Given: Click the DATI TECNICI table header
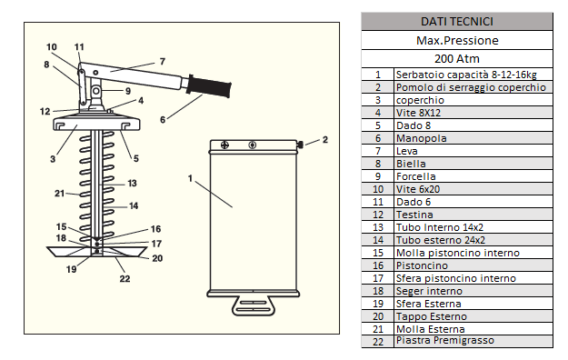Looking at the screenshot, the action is coord(457,22).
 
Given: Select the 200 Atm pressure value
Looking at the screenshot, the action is coord(457,59).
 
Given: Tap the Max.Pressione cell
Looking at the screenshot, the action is coord(457,40).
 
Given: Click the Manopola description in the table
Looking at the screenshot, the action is coord(422,138).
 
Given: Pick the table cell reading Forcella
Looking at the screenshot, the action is coord(416,176).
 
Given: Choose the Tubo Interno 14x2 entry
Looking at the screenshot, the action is coord(440,227).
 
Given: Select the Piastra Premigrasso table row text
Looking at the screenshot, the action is coord(445,340).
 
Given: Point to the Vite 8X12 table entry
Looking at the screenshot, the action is coord(418,113).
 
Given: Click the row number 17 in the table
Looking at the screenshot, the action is coord(378,278).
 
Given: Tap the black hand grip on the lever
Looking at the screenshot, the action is coord(209,86).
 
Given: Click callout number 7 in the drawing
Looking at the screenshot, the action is coord(163,62).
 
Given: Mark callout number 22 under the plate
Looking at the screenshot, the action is coord(125,278).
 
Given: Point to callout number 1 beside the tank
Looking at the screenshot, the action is coord(190,178).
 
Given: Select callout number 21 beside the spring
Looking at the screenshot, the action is coord(59,194).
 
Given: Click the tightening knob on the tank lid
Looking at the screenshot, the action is coord(300,145).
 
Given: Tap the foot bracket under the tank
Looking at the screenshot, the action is coord(254,306).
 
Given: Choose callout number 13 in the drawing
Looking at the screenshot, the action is coord(132,183).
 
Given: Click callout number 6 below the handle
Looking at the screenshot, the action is coord(163,120).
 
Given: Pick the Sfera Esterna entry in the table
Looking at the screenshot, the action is coord(429,304).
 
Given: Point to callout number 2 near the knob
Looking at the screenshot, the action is coord(325,140).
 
